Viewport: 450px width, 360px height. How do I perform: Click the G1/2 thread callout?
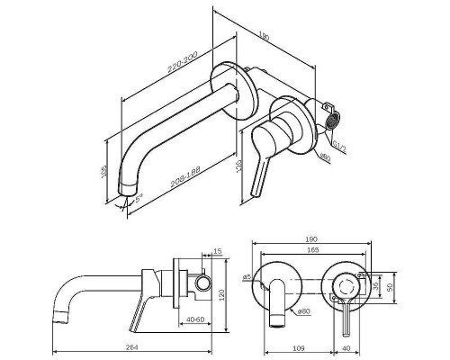point(334,142)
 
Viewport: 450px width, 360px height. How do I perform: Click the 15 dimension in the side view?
point(217,252)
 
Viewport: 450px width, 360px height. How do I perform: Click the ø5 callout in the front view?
point(246,277)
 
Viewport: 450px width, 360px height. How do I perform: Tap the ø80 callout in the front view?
point(303,311)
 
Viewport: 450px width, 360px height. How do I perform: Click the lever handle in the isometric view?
point(262,157)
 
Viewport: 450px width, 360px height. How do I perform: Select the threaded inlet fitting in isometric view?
point(330,120)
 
